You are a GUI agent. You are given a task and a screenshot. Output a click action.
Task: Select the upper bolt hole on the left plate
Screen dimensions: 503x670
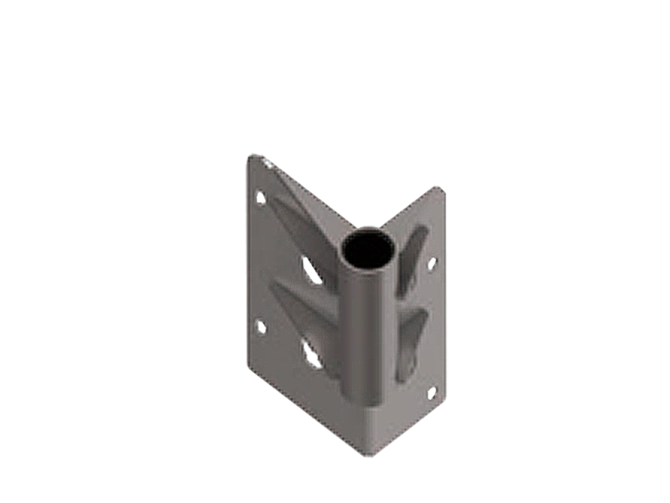point(260,196)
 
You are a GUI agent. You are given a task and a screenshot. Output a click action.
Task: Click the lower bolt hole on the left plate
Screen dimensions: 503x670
point(260,326)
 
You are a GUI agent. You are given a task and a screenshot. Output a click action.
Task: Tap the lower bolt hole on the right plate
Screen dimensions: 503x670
point(431,392)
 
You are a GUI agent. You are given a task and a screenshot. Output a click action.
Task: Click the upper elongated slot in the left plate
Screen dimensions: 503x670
point(312,270)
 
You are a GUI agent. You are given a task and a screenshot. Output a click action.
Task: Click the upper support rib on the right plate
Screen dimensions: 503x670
point(412,255)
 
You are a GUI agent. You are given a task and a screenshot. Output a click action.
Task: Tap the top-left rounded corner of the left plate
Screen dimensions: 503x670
point(253,157)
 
